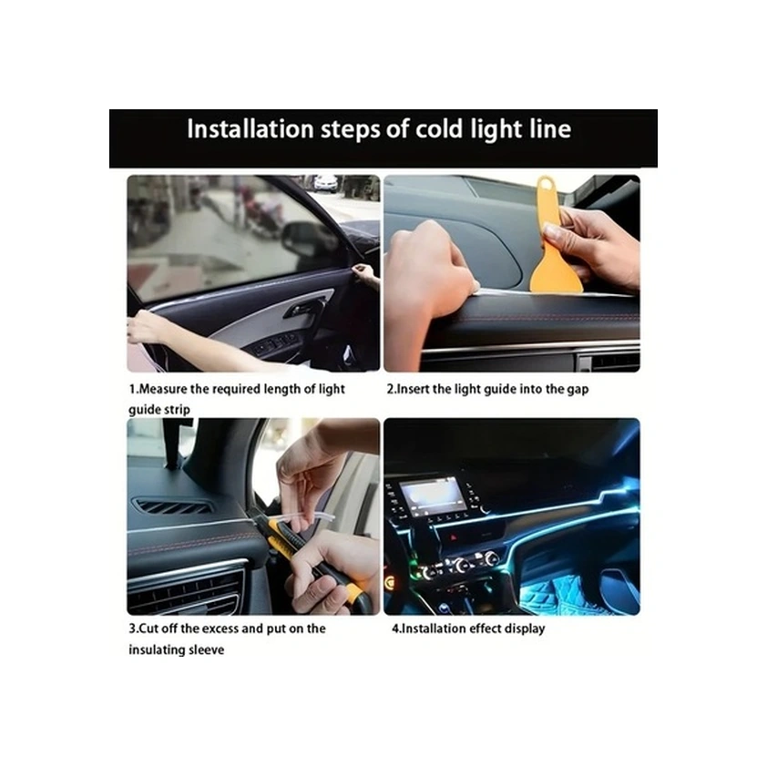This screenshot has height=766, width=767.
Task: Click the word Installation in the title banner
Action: pyautogui.click(x=250, y=129)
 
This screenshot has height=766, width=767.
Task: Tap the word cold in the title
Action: pyautogui.click(x=439, y=129)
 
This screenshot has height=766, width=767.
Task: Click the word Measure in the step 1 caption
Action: pyautogui.click(x=163, y=389)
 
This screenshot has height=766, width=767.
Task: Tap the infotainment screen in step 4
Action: pyautogui.click(x=432, y=495)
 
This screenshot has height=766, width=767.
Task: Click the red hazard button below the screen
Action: pyautogui.click(x=454, y=537)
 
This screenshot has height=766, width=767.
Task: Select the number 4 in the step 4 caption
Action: pyautogui.click(x=394, y=628)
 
